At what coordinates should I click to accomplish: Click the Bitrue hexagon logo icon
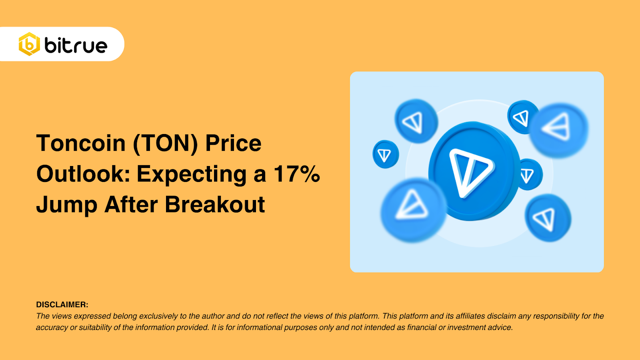(29, 44)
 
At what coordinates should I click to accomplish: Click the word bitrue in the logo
(76, 46)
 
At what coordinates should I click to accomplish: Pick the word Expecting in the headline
(192, 175)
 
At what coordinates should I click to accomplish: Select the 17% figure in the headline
(297, 174)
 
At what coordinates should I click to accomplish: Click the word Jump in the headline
(67, 205)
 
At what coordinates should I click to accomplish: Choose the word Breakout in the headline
(215, 204)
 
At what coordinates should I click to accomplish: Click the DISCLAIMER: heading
(62, 304)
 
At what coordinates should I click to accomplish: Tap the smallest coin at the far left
(386, 154)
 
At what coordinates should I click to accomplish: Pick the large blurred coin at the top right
(558, 130)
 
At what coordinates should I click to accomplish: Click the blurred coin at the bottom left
(413, 210)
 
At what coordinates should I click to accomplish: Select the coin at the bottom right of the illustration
(548, 218)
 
